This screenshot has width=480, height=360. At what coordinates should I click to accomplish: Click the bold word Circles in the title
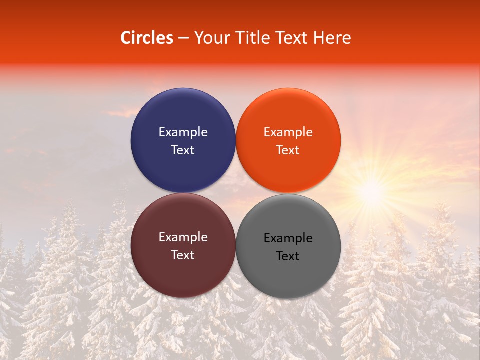coord(147,37)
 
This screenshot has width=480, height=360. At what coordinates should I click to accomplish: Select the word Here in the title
coord(332,37)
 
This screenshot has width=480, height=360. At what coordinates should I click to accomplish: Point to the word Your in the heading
coord(210,38)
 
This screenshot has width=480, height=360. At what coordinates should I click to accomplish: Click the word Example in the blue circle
coord(183,132)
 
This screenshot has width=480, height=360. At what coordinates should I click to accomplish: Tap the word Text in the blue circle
coord(183,150)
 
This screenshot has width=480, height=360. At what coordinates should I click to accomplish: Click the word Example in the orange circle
coord(288,132)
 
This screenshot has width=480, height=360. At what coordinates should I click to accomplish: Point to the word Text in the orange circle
coord(288,150)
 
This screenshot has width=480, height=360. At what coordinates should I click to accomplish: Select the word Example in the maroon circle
coord(183,237)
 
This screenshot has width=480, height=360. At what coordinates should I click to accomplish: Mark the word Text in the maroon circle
coord(183,255)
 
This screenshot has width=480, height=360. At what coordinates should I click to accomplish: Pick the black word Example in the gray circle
coord(288,238)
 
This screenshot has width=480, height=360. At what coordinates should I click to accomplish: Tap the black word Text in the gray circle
coord(288,256)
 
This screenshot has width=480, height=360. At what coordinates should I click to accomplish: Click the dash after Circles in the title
coord(183,38)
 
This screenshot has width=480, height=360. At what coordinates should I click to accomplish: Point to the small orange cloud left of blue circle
coord(120,113)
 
